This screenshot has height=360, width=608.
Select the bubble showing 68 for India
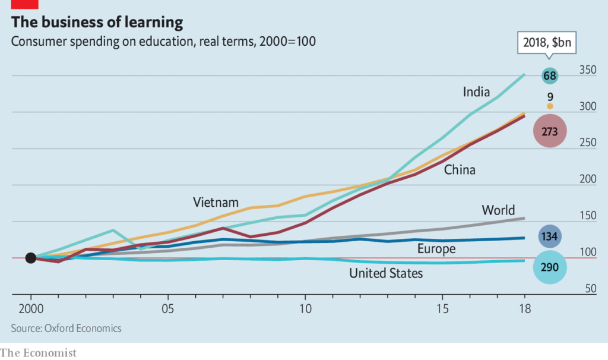pos(550,75)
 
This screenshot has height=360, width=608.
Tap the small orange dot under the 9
pos(550,106)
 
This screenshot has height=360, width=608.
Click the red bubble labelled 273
pos(550,132)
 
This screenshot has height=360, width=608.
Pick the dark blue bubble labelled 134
pos(550,237)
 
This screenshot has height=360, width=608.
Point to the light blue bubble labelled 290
pos(550,267)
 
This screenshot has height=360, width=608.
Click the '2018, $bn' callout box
pos(549,43)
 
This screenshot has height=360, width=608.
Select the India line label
pos(476,92)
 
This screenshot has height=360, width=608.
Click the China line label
pos(460,170)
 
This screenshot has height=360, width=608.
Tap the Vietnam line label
pos(216,202)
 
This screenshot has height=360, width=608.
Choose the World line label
pos(498,210)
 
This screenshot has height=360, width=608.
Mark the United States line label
pos(386,273)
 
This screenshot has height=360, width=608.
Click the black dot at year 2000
pos(31,258)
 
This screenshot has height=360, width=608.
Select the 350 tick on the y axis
pos(588,70)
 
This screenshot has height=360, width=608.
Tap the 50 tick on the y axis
pos(588,289)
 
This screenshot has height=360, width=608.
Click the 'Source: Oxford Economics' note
pos(66,328)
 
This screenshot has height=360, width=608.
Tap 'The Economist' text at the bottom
pos(39,353)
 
